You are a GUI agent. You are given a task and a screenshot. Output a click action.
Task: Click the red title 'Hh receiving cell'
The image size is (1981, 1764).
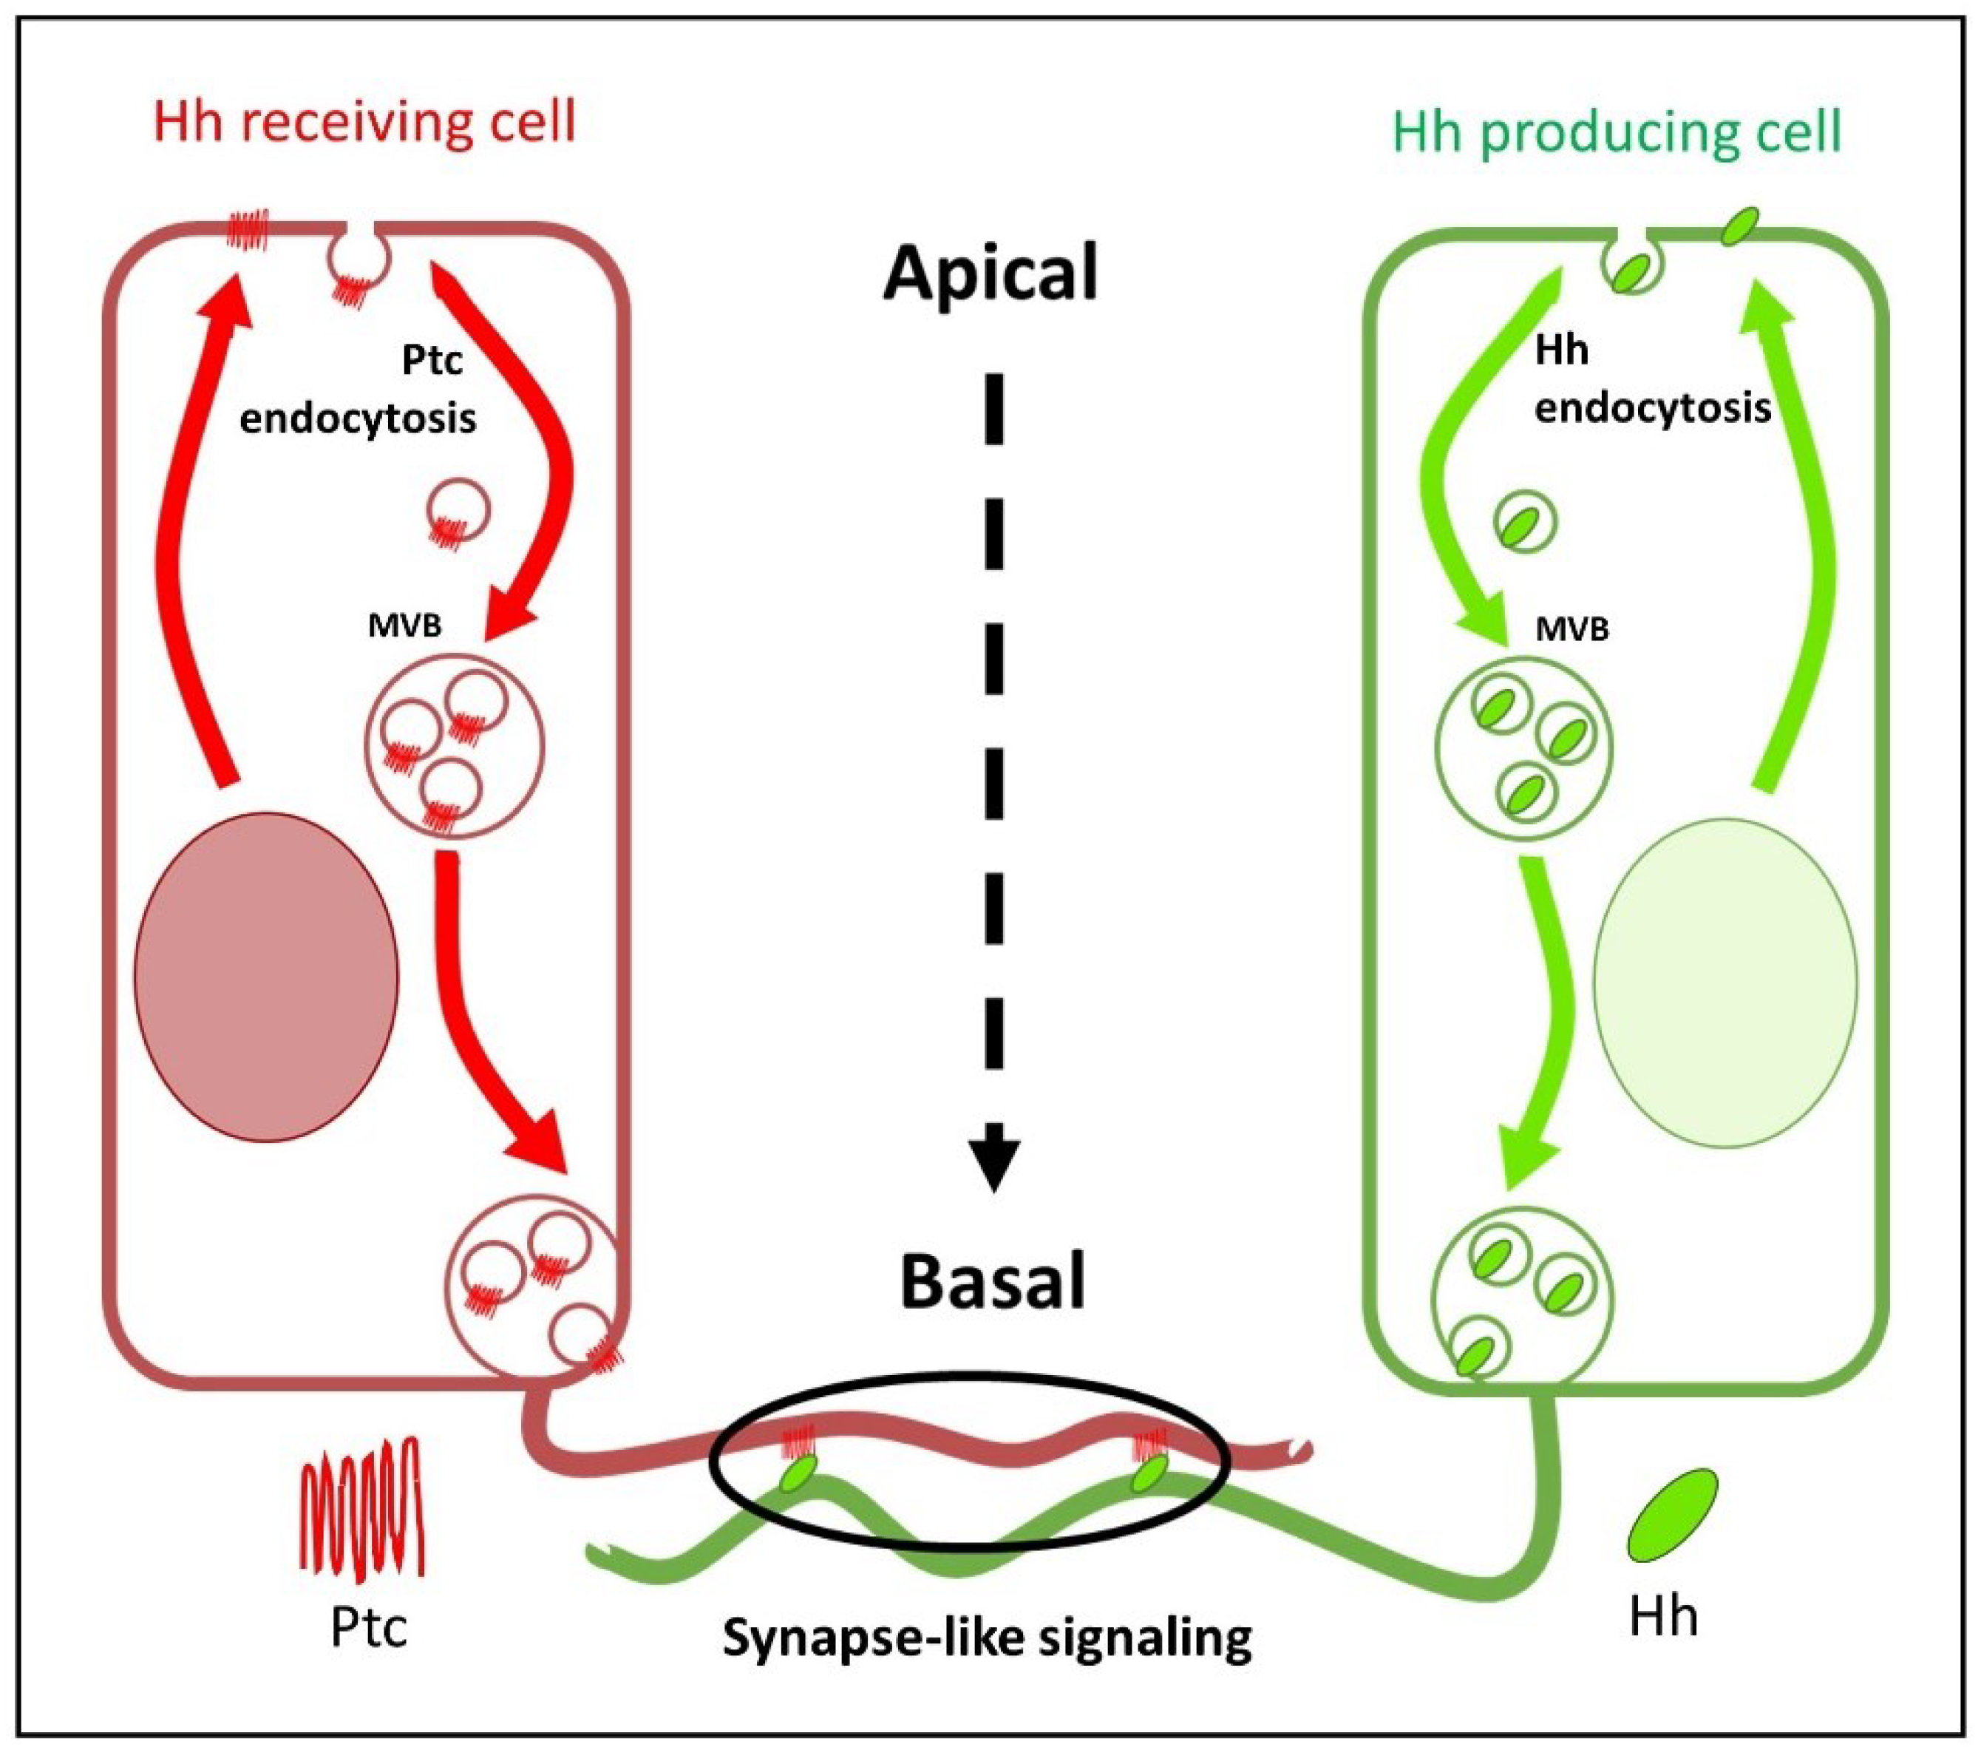pyautogui.click(x=364, y=123)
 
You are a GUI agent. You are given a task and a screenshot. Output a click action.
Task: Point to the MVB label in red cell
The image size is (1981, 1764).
pyautogui.click(x=404, y=626)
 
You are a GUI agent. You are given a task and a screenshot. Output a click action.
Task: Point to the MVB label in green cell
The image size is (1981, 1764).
pyautogui.click(x=1572, y=630)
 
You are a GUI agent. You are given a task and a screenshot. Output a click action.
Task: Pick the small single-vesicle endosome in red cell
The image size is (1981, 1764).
pyautogui.click(x=458, y=511)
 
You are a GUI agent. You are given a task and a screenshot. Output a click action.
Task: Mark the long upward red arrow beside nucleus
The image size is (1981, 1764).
pyautogui.click(x=199, y=523)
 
